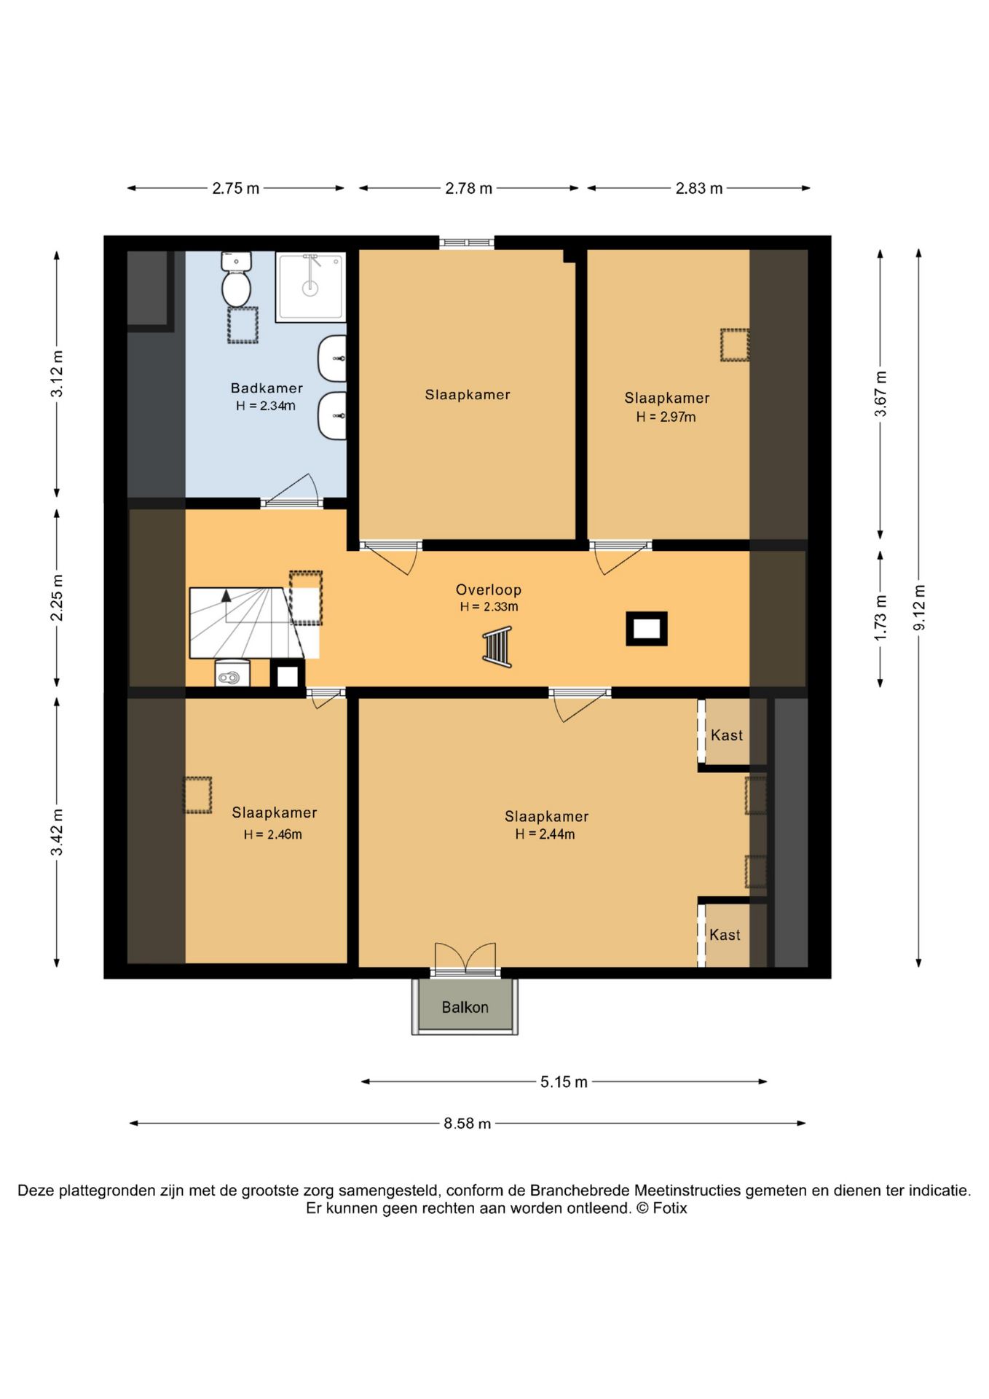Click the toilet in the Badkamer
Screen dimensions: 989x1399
236,280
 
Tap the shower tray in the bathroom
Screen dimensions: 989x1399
310,287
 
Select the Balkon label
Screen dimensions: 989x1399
465,1007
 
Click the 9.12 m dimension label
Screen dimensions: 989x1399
919,608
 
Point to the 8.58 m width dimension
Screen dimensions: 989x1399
467,1124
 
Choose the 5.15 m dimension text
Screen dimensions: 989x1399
564,1082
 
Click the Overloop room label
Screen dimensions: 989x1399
489,589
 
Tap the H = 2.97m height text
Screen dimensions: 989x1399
666,417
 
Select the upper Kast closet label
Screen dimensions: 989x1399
727,735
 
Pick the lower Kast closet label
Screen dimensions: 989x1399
725,935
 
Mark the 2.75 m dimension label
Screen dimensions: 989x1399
236,189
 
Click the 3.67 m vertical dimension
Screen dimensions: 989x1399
880,394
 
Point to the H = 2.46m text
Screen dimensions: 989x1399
272,834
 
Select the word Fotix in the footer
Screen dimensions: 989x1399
670,1208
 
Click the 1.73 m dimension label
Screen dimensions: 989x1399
880,618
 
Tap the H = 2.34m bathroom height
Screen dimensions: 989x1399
265,406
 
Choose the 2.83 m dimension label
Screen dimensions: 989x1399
699,189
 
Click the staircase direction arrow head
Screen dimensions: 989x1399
226,595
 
